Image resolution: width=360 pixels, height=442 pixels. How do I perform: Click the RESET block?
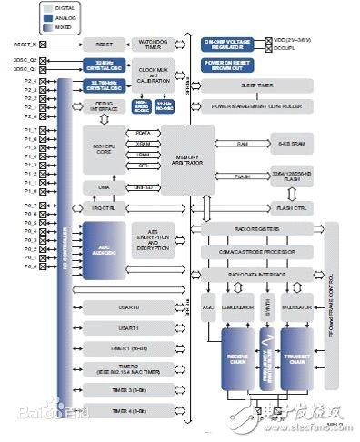(104, 44)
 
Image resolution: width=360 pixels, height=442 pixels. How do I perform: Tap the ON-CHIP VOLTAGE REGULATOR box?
(231, 43)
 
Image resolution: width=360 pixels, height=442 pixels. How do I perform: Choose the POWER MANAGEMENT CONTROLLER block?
(257, 105)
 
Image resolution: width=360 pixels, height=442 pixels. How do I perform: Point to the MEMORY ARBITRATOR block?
(187, 158)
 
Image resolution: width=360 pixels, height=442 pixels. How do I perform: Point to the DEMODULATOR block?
(237, 309)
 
